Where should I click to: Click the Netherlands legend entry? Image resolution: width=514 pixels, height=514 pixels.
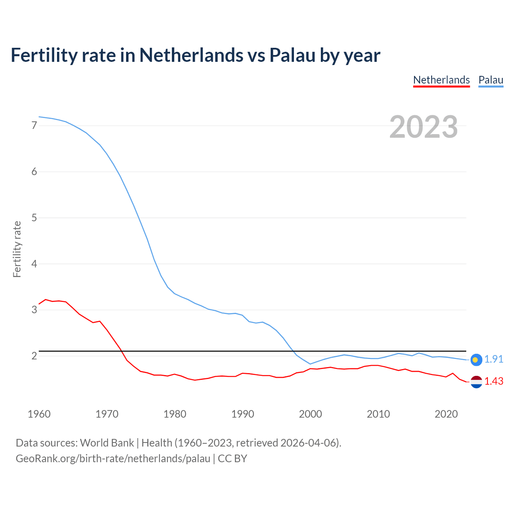(441, 80)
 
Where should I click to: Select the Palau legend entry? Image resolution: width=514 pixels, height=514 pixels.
(491, 80)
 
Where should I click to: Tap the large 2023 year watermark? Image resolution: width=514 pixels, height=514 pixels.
(423, 127)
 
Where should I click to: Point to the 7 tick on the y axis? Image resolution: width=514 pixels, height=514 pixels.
(34, 126)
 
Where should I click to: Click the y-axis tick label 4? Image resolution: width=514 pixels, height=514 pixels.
(34, 264)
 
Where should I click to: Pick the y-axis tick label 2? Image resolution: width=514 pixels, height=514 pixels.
(34, 356)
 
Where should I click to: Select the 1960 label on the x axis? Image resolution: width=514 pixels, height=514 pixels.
(39, 414)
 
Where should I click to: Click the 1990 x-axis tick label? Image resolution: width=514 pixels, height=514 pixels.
(243, 414)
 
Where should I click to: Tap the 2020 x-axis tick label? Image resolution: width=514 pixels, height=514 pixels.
(446, 414)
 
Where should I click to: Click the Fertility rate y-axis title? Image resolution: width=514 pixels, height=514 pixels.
(17, 249)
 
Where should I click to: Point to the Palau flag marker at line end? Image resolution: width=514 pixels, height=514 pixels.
(476, 360)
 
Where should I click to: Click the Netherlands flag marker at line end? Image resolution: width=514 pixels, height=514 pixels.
(476, 382)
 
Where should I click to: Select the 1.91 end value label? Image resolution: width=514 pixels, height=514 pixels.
(494, 359)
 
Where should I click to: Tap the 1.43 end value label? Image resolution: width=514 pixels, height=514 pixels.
(494, 381)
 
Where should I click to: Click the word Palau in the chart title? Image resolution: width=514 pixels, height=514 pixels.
(292, 55)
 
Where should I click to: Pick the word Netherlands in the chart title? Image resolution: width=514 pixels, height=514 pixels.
(191, 55)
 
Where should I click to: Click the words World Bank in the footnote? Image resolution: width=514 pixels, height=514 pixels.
(107, 443)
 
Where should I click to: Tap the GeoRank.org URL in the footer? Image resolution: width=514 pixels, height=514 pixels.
(113, 459)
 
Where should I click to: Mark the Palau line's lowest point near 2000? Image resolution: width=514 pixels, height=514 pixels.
(310, 364)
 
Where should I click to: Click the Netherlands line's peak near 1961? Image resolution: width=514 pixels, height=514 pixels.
(46, 300)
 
